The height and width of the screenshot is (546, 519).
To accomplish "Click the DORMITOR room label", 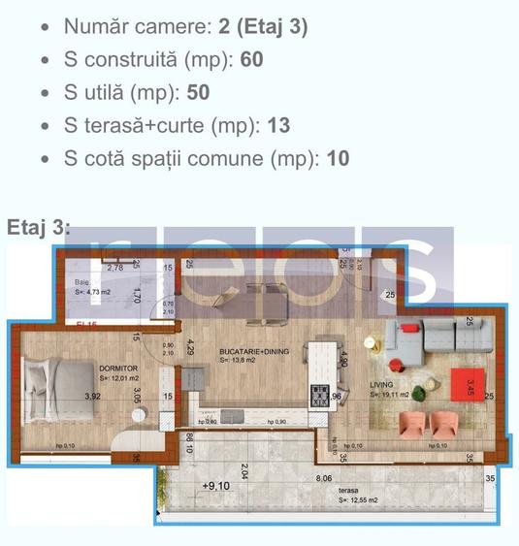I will click(117, 369).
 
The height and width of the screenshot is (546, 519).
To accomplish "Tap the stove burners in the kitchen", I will click(320, 395).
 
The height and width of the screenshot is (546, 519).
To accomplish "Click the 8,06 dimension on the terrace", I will click(325, 478).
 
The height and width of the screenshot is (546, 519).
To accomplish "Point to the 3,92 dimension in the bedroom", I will click(93, 396).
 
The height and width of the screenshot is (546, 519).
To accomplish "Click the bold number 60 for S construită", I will click(252, 60).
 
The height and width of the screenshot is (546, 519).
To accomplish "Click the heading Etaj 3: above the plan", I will click(39, 227).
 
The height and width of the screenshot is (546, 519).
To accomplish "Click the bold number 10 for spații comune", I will click(338, 159).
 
